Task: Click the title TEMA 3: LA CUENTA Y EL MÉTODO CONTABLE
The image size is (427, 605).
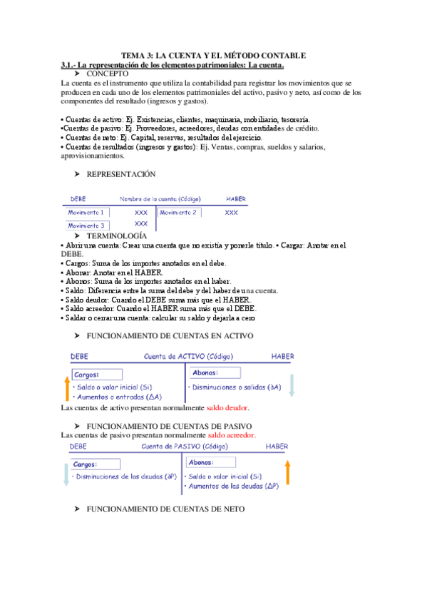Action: [x=213, y=56]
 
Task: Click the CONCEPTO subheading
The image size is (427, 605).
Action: [x=107, y=73]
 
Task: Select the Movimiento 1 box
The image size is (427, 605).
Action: [x=86, y=213]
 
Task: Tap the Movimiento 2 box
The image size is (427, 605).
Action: [x=179, y=213]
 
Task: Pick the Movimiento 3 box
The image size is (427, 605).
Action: [x=86, y=225]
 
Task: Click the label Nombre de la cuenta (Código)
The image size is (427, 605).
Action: [x=160, y=198]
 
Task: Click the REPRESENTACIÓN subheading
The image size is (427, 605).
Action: [x=120, y=174]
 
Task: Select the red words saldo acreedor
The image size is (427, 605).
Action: [x=232, y=434]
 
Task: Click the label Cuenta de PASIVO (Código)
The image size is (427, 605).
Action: [x=185, y=446]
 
